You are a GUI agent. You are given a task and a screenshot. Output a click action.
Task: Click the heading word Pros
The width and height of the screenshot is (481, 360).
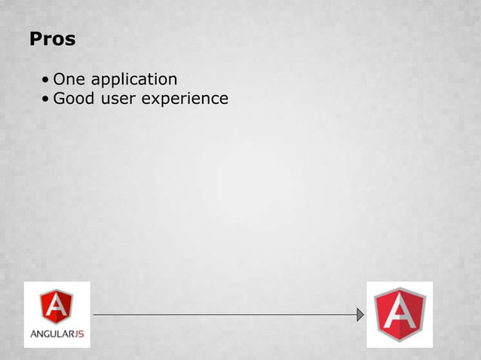(x=52, y=39)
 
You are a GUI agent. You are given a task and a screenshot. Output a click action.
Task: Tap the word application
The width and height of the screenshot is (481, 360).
(x=133, y=80)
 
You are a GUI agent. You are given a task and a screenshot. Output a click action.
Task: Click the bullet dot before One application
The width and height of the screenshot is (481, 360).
(x=47, y=80)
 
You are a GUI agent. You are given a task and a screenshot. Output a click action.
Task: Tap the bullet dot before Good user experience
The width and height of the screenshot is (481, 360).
(x=47, y=99)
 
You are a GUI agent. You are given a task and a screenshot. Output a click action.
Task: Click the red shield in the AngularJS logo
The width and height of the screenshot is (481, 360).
(x=57, y=306)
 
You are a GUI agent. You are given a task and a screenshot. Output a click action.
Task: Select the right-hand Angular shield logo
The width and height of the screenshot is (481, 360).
(x=400, y=314)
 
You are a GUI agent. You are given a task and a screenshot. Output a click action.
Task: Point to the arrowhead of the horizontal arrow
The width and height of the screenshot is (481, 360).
(x=360, y=314)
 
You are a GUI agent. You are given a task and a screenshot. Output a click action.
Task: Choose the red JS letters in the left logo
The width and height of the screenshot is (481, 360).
(x=78, y=333)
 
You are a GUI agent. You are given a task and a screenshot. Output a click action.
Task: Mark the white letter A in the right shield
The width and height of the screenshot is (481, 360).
(x=400, y=314)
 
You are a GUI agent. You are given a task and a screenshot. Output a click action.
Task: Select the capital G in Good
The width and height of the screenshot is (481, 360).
(x=59, y=98)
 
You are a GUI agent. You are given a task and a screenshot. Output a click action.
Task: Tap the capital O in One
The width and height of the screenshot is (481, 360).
(x=59, y=78)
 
